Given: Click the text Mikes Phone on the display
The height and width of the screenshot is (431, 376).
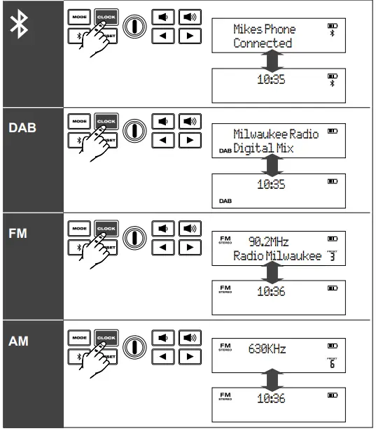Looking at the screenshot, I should (264, 29).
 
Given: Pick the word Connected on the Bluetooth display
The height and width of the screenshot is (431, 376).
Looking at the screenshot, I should (263, 43).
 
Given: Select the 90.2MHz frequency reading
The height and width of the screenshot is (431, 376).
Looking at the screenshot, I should (268, 242).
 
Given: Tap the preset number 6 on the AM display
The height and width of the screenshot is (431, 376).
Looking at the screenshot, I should (332, 364).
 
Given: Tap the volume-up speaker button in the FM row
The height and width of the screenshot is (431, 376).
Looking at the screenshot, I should (187, 229).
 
